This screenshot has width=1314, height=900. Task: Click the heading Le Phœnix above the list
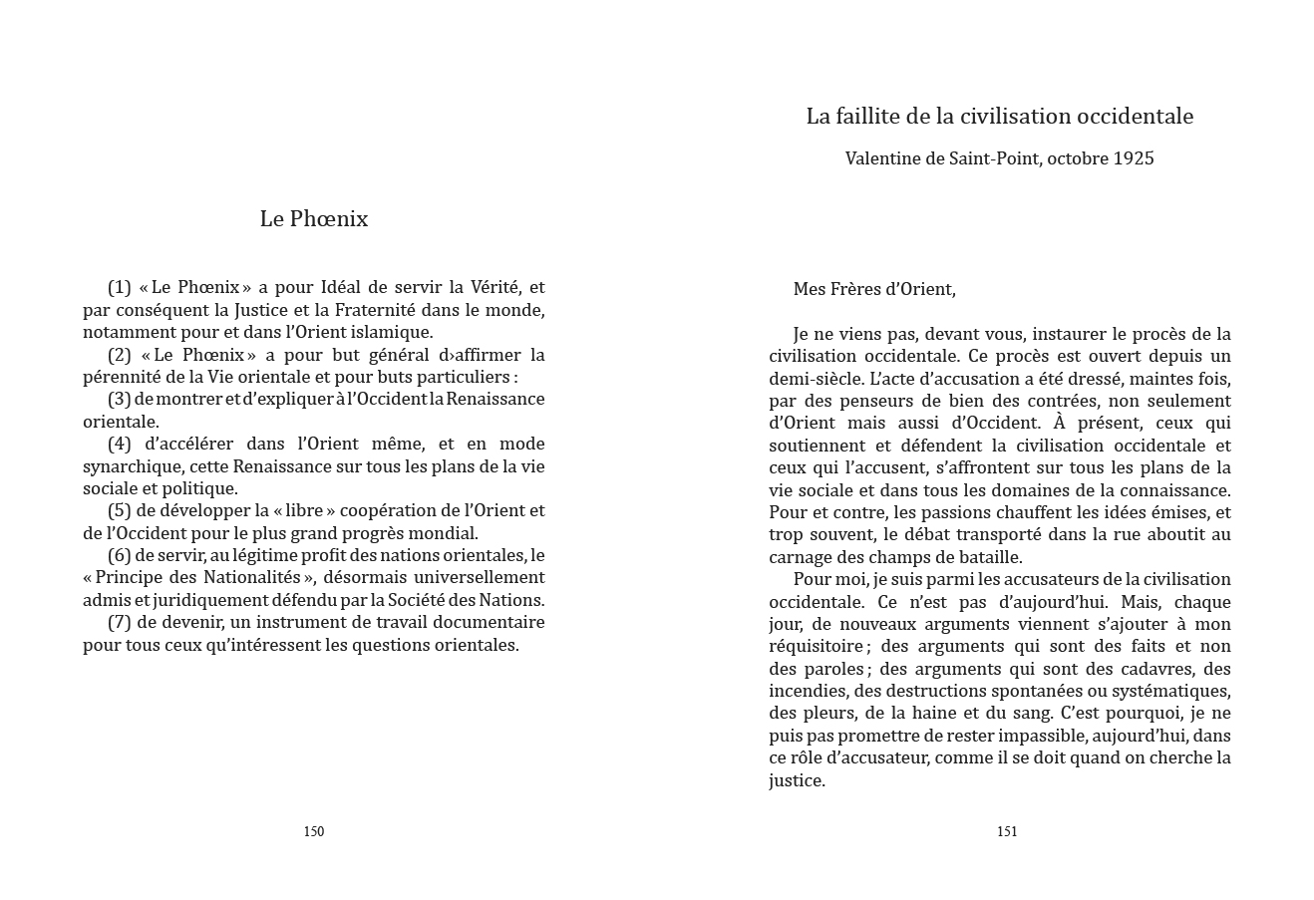pos(313,219)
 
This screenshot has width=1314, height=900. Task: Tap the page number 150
pos(313,831)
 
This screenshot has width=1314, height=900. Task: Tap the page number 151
pos(1007,831)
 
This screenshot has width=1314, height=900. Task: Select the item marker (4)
pos(120,444)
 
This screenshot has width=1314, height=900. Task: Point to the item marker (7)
pos(120,622)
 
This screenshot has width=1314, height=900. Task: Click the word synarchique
pos(131,466)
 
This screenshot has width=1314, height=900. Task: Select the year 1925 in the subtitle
pos(1134,158)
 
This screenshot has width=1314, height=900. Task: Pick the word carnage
pos(802,557)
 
